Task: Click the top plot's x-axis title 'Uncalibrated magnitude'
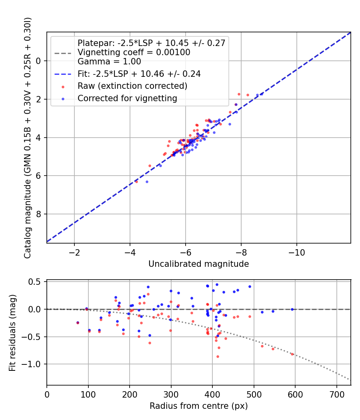[198, 264]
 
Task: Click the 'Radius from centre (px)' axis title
[198, 406]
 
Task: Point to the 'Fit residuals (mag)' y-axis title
[12, 332]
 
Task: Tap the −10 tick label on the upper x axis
[296, 253]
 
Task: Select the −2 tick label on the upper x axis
[74, 253]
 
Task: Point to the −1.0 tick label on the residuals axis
[34, 364]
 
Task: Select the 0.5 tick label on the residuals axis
[36, 282]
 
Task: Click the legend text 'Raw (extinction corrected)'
[132, 86]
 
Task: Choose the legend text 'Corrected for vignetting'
[127, 98]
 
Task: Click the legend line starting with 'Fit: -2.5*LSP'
[139, 74]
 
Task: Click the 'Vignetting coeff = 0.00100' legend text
[134, 52]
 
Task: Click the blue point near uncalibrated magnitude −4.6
[147, 182]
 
